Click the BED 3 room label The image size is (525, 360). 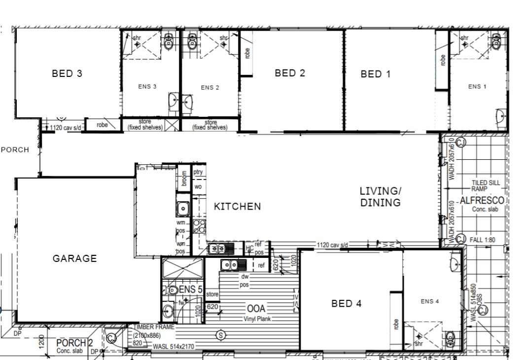click(67, 74)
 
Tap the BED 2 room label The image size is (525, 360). click(290, 73)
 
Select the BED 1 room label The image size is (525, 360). click(376, 74)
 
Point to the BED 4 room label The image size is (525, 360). click(346, 304)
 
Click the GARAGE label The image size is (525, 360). click(75, 258)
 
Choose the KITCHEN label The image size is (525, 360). click(237, 207)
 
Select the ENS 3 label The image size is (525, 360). click(147, 87)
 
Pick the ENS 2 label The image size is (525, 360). click(210, 88)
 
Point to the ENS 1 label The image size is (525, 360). click(477, 87)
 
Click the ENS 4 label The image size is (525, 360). click(430, 301)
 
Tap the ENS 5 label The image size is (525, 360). click(190, 290)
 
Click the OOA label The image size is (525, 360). click(256, 309)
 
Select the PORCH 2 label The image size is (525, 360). click(74, 343)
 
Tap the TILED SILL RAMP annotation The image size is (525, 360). click(485, 186)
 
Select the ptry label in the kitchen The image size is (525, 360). click(198, 172)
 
